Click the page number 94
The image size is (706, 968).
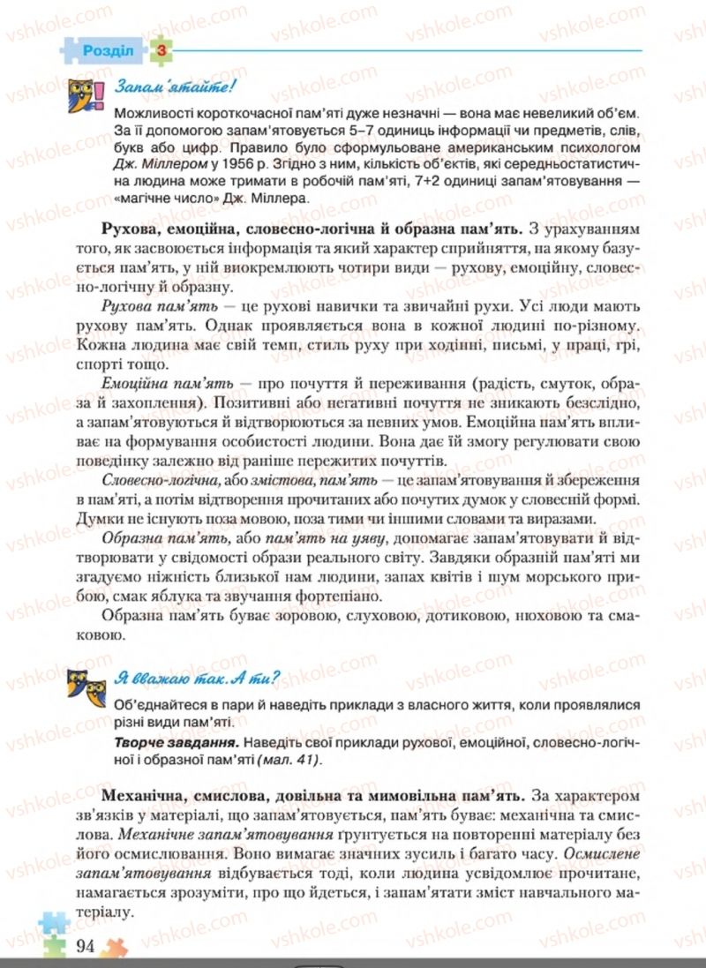[x=86, y=946]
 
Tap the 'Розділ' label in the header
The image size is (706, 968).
[x=108, y=50]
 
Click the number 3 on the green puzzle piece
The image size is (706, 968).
[x=161, y=50]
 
